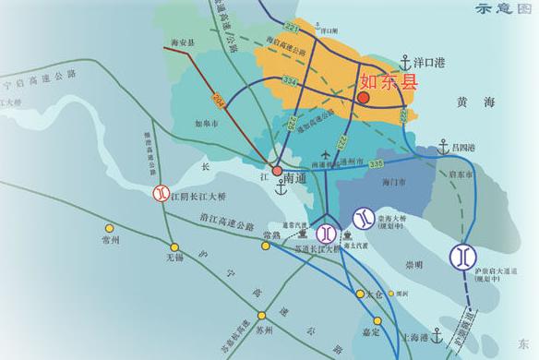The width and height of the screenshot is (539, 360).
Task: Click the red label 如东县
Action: tap(388, 82)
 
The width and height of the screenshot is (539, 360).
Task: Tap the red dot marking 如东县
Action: tap(364, 97)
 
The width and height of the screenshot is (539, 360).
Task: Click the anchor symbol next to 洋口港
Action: tap(403, 63)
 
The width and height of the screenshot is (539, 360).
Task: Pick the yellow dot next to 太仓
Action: tap(359, 295)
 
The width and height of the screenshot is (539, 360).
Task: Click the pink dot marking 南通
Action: tap(277, 171)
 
